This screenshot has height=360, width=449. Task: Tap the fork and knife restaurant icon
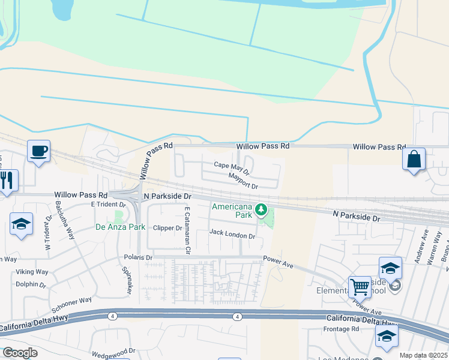(x=7, y=180)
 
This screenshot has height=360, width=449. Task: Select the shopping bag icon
(x=414, y=159)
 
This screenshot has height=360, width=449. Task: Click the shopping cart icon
(x=360, y=286)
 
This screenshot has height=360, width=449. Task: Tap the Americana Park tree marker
(x=261, y=209)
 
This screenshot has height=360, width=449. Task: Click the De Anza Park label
(x=121, y=227)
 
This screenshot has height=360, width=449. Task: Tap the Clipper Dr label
(x=167, y=228)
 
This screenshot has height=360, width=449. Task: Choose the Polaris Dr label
(x=137, y=257)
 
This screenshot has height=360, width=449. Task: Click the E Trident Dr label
(x=107, y=204)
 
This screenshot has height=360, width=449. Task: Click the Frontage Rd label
(x=341, y=329)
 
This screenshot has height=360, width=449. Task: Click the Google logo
(x=19, y=353)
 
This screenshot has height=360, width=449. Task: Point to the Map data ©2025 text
(x=423, y=355)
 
